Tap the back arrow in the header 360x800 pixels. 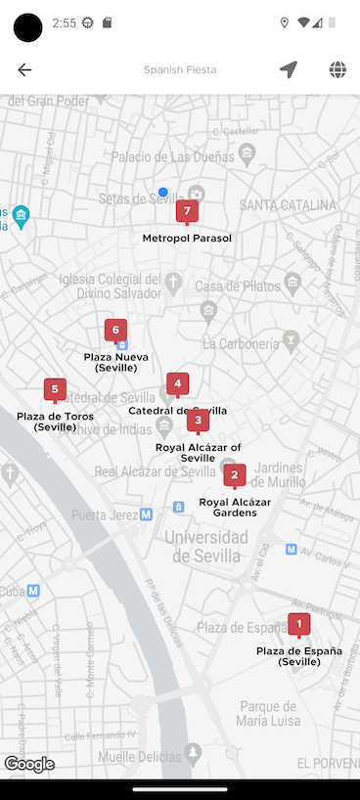pos(24,69)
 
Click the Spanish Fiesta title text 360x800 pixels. pos(180,70)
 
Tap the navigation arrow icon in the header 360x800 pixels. pos(288,69)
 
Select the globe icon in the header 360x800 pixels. pos(337,69)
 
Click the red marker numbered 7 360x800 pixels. pos(187,211)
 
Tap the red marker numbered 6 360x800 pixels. pos(115,331)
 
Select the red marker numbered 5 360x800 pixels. pos(55,390)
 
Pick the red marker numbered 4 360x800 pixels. pos(177,384)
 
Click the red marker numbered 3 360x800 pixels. pos(198,422)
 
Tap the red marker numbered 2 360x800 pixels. pos(234,475)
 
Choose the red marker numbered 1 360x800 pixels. pos(298,624)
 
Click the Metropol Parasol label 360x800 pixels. pos(187,239)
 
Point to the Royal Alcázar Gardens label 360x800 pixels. pos(235,508)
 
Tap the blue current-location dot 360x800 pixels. pos(163,192)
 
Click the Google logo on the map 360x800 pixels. pos(28,765)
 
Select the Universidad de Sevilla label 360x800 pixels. pos(205,547)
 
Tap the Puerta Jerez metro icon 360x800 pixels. pos(146,514)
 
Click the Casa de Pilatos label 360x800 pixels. pos(236,286)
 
